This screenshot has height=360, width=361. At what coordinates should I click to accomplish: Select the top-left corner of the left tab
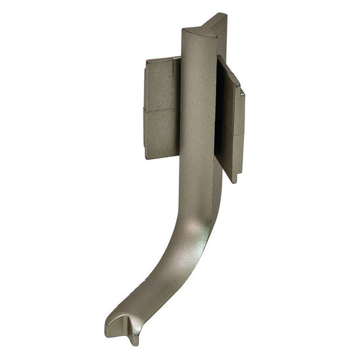tap(146, 60)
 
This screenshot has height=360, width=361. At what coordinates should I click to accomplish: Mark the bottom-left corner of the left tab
tap(146, 157)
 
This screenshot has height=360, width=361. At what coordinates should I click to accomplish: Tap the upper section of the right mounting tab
tap(234, 102)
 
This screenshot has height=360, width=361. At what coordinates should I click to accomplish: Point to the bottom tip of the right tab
tap(234, 181)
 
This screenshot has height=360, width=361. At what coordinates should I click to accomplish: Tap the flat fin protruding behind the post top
tap(219, 34)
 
